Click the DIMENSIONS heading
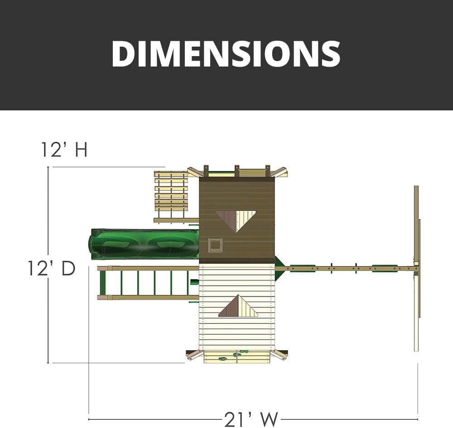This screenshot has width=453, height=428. [226, 54]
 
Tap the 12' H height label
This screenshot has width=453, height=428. [64, 149]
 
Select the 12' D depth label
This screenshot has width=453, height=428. [52, 268]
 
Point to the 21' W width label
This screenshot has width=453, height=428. [251, 419]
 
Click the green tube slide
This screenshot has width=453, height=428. [145, 244]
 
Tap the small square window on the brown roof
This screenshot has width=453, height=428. [216, 245]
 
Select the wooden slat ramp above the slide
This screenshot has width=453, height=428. [171, 197]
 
